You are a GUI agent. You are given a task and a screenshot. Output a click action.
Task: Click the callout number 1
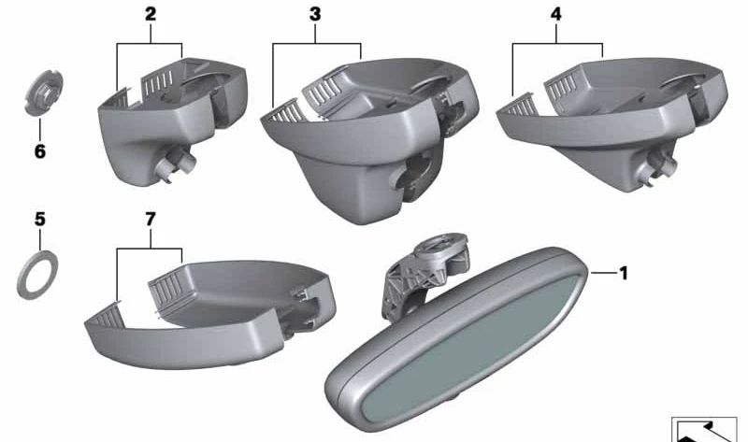coord(623,273)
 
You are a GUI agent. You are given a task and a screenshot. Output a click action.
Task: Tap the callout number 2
coord(151,14)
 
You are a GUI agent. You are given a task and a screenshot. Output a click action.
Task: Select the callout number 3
coord(315,14)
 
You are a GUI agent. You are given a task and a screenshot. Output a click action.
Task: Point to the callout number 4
coord(555,14)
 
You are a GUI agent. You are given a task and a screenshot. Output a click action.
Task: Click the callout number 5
coord(40,220)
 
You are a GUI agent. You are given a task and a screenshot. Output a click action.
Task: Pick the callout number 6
coord(40,151)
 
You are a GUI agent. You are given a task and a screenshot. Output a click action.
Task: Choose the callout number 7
coord(151,220)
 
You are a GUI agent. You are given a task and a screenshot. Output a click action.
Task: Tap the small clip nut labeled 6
coord(43,93)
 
